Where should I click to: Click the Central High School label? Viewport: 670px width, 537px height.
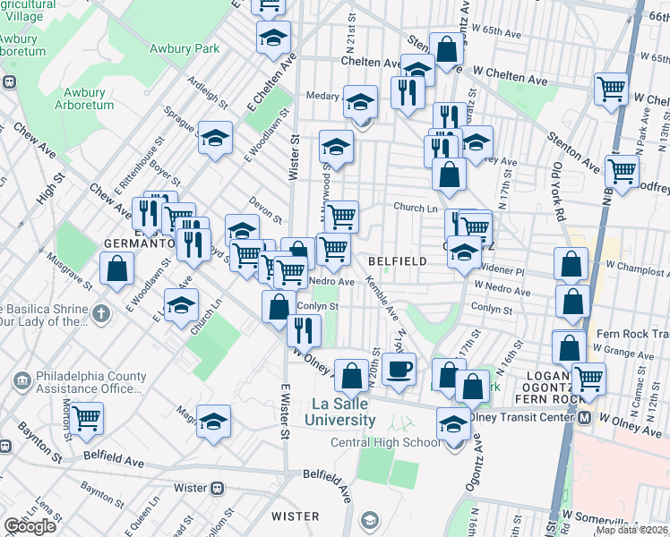coord(385,442)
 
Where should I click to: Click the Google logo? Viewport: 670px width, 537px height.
coord(30,526)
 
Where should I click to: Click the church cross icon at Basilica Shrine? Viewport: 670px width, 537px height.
coord(101,314)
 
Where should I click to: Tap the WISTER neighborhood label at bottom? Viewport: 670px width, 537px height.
coord(295,516)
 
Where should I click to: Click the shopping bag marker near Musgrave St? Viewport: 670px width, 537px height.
coord(116,268)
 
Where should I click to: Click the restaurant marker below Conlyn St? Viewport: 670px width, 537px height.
coord(304,329)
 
